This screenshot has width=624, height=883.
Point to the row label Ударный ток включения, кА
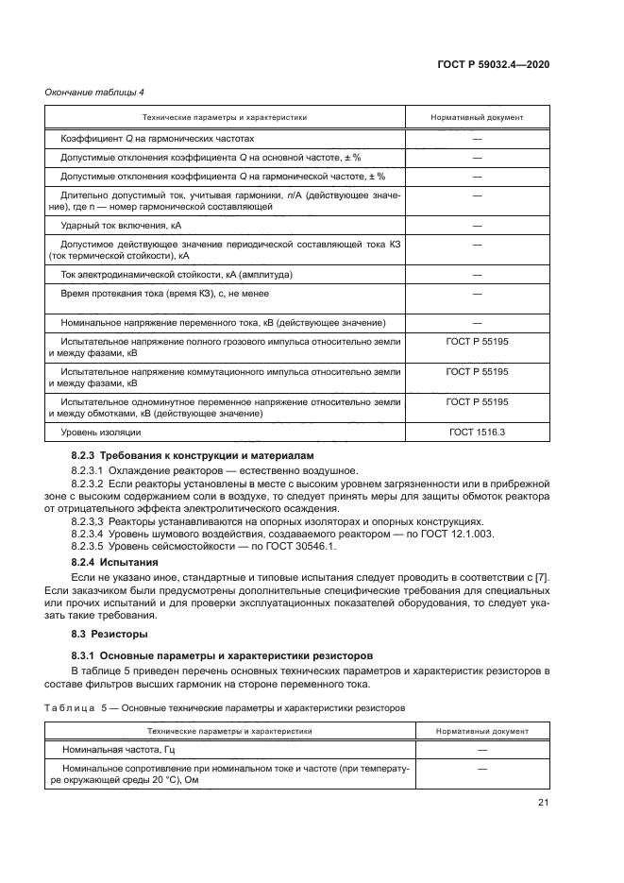tap(121, 226)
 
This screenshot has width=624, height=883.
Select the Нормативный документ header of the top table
tap(477, 117)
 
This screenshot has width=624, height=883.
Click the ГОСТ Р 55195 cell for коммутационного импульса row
tap(477, 372)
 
